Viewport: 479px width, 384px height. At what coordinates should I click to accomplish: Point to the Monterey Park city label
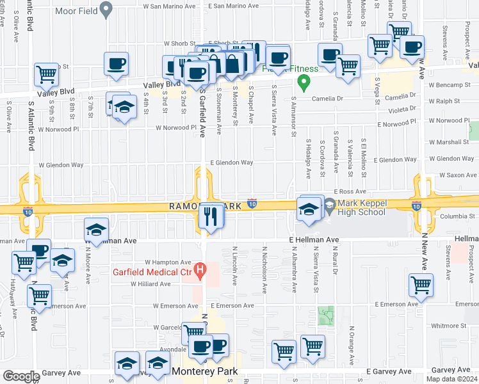pos(204,371)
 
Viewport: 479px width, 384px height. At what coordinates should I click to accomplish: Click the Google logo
pos(21,376)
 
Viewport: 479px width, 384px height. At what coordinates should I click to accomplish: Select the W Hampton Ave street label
pos(168,262)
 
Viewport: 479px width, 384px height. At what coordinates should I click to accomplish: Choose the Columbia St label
pos(457,216)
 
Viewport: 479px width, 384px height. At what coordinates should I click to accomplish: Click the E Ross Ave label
pos(349,191)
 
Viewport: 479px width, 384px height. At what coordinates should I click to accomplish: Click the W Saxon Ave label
pos(458,175)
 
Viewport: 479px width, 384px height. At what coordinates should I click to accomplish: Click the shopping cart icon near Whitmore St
pos(421,285)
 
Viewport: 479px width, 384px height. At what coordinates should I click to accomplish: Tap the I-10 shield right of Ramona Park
pos(252,203)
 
